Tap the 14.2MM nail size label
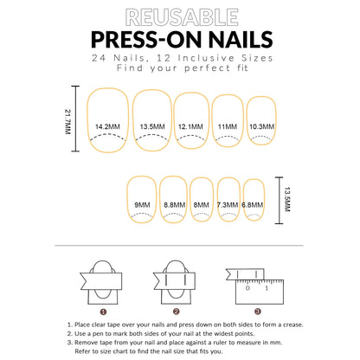pos(108,125)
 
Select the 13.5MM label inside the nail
pos(151,125)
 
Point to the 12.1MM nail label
pos(190,125)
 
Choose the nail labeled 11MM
pos(227,125)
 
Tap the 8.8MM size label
pos(172,204)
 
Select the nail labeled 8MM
pos(201,204)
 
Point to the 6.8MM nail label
pos(253,204)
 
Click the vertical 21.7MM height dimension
pos(68,120)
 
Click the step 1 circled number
pos(102,311)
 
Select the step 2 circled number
pos(176,311)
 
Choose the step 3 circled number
pos(249,311)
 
